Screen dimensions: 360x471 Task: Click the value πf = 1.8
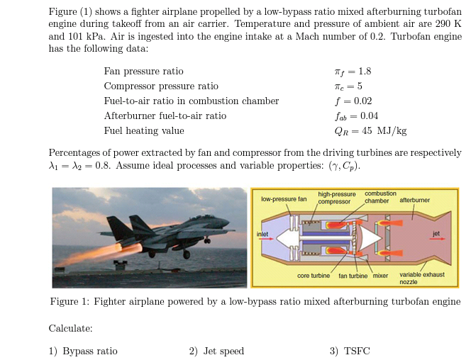[352, 71]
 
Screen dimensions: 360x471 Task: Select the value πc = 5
[348, 86]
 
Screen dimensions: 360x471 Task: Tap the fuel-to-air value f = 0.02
[353, 101]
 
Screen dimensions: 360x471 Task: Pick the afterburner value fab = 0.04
[355, 116]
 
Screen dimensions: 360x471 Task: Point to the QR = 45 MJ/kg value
[370, 130]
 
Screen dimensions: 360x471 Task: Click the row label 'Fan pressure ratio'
[143, 71]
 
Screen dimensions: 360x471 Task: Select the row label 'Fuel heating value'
[144, 130]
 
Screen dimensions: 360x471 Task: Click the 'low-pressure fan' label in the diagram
[284, 199]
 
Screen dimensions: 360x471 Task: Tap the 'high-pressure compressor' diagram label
[337, 198]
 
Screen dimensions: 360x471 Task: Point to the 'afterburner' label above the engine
[415, 200]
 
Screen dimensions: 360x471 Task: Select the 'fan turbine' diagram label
[353, 275]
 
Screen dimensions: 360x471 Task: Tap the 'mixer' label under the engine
[380, 275]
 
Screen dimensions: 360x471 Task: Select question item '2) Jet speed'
[216, 351]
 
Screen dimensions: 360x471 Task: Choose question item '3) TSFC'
[350, 351]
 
